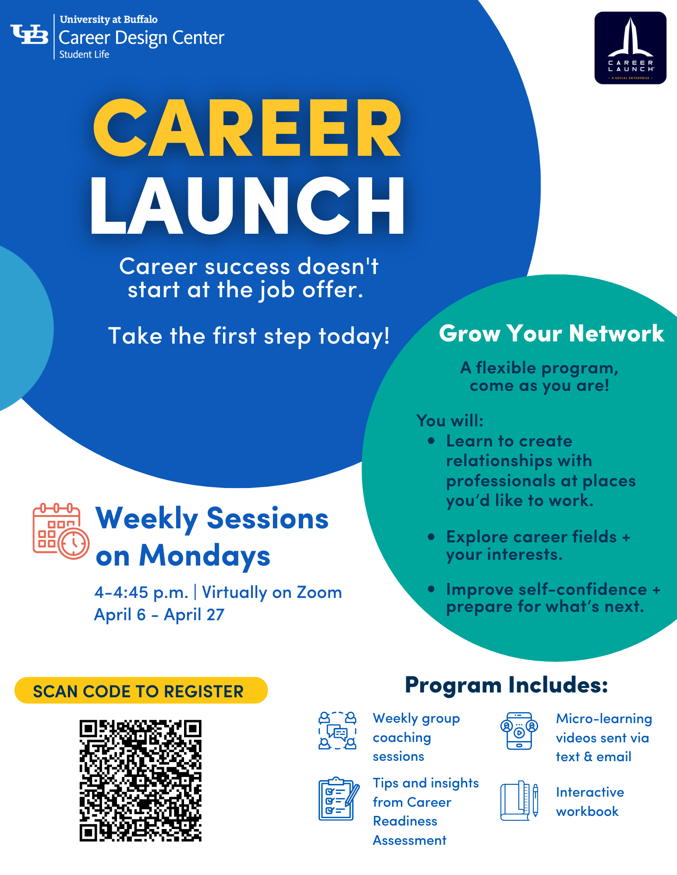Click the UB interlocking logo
[29, 34]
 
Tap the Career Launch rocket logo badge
[630, 48]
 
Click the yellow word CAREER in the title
[247, 128]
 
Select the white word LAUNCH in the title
[247, 206]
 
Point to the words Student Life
[84, 54]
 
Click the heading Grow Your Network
[551, 334]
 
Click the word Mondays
[205, 556]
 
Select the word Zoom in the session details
[319, 592]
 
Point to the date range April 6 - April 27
[159, 615]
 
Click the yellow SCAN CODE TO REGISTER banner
[141, 691]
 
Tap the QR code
[140, 780]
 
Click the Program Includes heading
[506, 685]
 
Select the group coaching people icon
[337, 731]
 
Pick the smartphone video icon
[519, 731]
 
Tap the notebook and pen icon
[519, 801]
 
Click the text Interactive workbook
[590, 802]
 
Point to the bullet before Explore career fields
[432, 537]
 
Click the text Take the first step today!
[249, 336]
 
